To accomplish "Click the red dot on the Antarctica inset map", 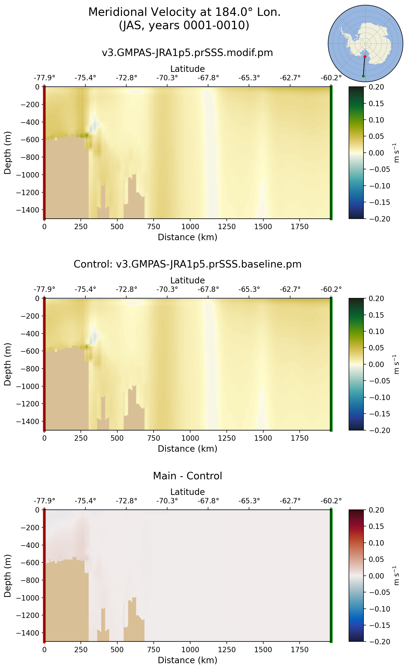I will [x=365, y=57].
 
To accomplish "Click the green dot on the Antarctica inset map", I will [x=363, y=76].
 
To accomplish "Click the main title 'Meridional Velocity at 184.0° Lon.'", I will [x=184, y=12].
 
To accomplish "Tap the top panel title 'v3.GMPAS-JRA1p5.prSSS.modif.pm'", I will [x=187, y=52].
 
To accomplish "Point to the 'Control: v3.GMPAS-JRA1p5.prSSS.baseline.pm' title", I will [x=187, y=264].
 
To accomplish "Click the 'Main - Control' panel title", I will [x=187, y=476].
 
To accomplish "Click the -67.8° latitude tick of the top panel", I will [x=208, y=78].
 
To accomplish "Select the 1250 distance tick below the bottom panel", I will [x=227, y=650].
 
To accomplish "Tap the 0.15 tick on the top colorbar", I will [x=376, y=104].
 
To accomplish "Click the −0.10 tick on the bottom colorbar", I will [x=380, y=609].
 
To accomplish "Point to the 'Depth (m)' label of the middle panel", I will [x=8, y=364].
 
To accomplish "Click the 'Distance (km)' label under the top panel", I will [x=187, y=237].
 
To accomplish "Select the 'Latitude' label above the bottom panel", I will [x=187, y=492].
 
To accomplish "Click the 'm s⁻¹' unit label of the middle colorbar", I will [x=396, y=364].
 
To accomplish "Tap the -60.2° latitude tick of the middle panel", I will [x=331, y=290].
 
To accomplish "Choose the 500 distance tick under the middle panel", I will [x=117, y=438].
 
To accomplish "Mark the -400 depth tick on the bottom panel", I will [x=30, y=545].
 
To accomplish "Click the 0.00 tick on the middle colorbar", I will [x=376, y=364].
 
